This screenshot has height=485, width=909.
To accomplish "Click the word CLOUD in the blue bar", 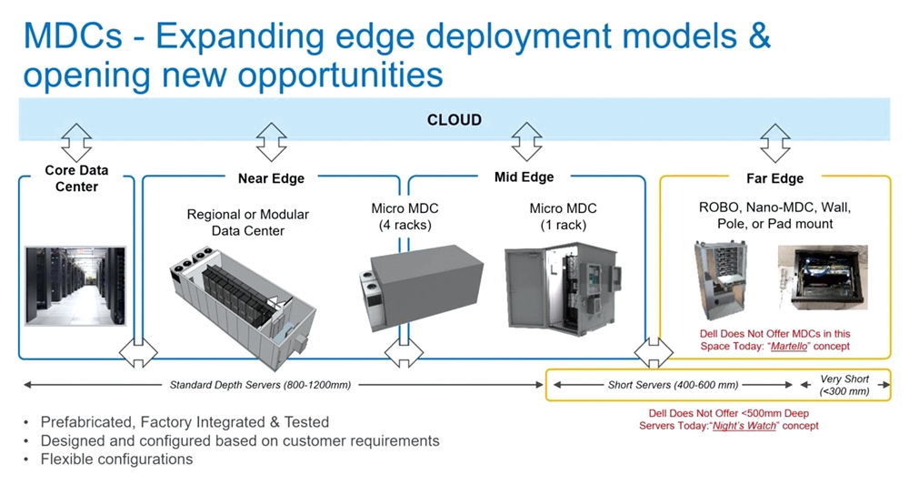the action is point(454,120).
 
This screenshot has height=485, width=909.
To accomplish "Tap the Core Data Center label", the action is point(76,178).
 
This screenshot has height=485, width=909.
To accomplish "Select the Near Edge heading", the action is point(271,178).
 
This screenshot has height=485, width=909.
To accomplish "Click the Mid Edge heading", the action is point(524,177).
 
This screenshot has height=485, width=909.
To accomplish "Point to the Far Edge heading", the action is point(774,178).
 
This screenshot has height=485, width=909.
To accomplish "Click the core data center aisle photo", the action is point(75,286).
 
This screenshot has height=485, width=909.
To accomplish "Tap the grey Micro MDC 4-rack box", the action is point(422,288).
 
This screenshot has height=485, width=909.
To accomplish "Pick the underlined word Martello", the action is point(788,347).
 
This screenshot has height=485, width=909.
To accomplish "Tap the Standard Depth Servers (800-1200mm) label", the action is point(260,385).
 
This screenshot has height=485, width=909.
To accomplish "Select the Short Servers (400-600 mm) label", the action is point(673,385).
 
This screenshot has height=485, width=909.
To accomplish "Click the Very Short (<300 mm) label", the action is point(844,385).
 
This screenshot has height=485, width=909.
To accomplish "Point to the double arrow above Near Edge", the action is point(271,142).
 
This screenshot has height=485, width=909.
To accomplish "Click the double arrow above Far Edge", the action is point(775,143).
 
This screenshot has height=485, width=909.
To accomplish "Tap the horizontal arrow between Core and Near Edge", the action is point(138,352).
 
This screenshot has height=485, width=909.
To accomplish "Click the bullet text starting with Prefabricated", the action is point(185,422).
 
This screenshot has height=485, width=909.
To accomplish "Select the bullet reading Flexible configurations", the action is point(116,459).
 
